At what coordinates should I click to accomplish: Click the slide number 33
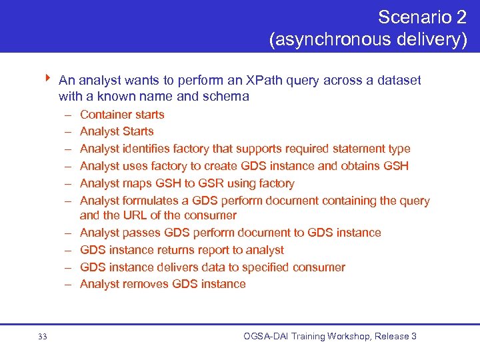[43, 337]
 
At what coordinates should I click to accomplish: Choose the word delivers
[197, 267]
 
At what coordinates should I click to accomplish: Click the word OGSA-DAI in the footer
[267, 336]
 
